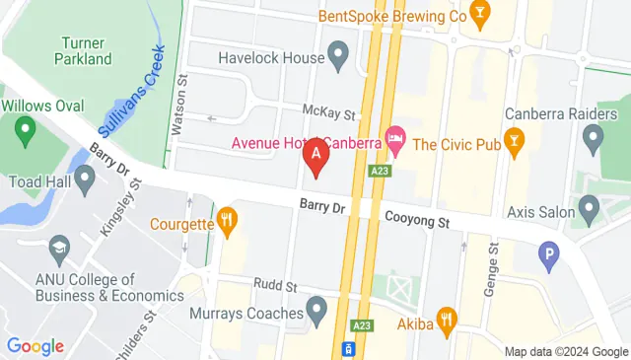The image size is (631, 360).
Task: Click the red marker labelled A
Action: pyautogui.click(x=315, y=155)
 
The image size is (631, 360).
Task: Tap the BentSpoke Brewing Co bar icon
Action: pyautogui.click(x=479, y=13)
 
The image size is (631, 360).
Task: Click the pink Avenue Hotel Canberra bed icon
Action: pyautogui.click(x=395, y=141)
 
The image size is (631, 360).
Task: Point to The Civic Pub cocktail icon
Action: pyautogui.click(x=513, y=141)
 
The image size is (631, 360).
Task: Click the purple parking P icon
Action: pyautogui.click(x=549, y=257)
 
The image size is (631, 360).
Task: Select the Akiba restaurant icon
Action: pyautogui.click(x=449, y=318)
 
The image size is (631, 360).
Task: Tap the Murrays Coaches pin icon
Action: pyautogui.click(x=316, y=312)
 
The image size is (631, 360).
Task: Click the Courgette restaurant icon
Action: pyautogui.click(x=228, y=222)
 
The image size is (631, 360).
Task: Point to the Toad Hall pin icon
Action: pyautogui.click(x=85, y=179)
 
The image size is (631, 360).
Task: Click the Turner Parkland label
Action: pyautogui.click(x=86, y=51)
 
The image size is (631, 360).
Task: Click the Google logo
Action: pyautogui.click(x=35, y=346)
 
